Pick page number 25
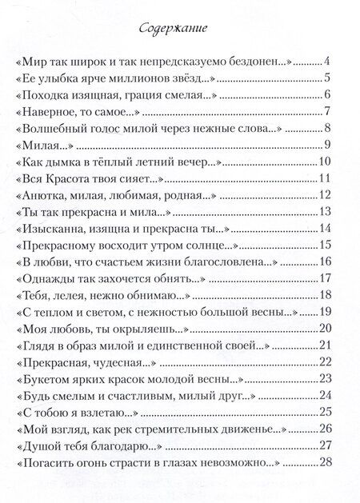click(324, 413)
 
